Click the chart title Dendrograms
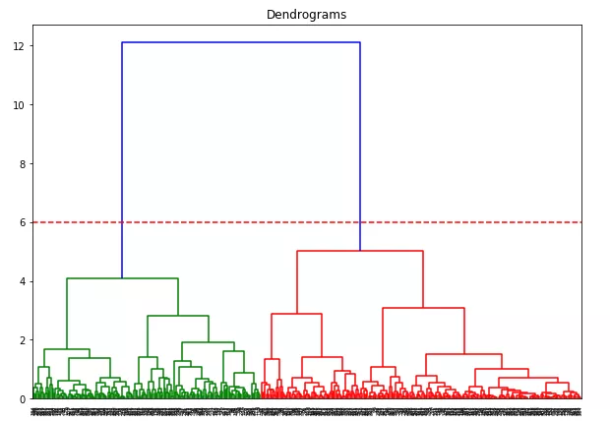pyautogui.click(x=306, y=15)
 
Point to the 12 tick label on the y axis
pyautogui.click(x=20, y=46)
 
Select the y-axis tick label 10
pyautogui.click(x=20, y=105)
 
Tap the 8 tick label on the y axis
pyautogui.click(x=23, y=164)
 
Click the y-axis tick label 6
pyautogui.click(x=23, y=222)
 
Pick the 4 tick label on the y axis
pyautogui.click(x=23, y=281)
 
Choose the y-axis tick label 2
pyautogui.click(x=23, y=340)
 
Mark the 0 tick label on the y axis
pyautogui.click(x=23, y=399)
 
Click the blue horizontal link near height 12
pyautogui.click(x=241, y=42)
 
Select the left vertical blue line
pyautogui.click(x=122, y=157)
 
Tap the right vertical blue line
pyautogui.click(x=360, y=148)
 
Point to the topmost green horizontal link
pyautogui.click(x=122, y=278)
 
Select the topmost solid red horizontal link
pyautogui.click(x=360, y=251)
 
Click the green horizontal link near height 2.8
pyautogui.click(x=178, y=316)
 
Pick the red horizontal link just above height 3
pyautogui.click(x=423, y=308)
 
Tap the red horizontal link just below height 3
pyautogui.click(x=296, y=314)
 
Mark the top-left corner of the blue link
pyautogui.click(x=122, y=42)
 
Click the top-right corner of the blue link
pyautogui.click(x=360, y=42)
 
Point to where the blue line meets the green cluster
pyautogui.click(x=122, y=278)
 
